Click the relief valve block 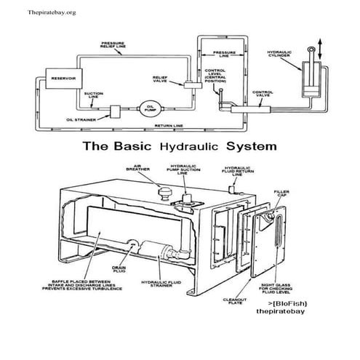191,85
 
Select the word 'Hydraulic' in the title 185,145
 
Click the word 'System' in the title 250,145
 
